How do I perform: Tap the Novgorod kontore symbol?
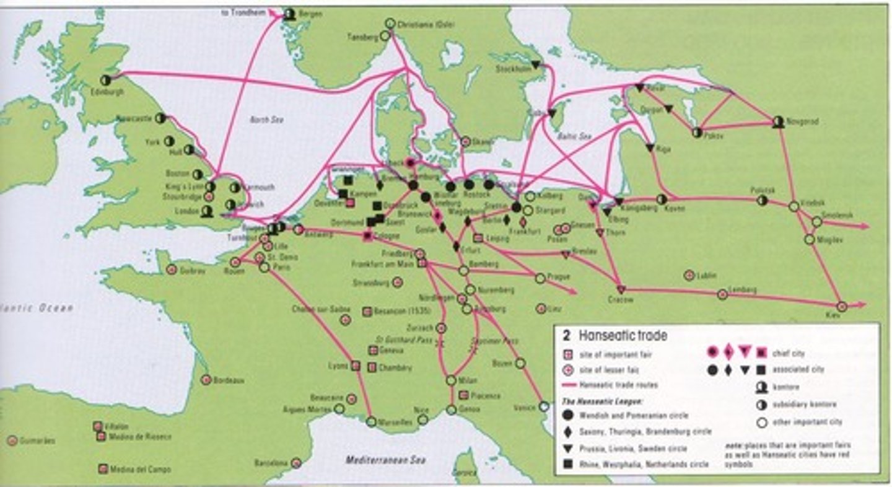tap(778, 122)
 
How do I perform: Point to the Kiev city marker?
tap(841, 306)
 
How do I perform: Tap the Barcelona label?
tap(271, 463)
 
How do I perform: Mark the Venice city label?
tap(523, 408)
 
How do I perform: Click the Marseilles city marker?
tap(370, 422)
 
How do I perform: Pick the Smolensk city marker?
tap(817, 221)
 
